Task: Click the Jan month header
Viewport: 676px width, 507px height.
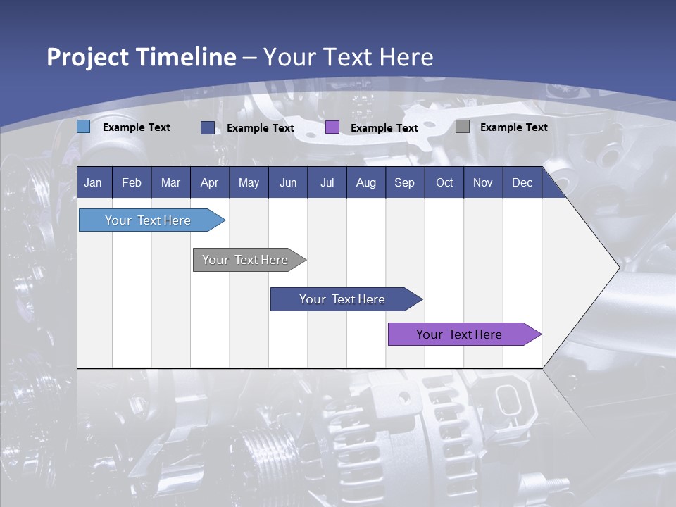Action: (93, 182)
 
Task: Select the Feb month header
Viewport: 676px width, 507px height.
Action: (132, 182)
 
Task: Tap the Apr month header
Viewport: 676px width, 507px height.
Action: (209, 182)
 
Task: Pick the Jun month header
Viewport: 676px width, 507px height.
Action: (288, 182)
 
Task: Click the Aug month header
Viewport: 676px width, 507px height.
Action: (365, 182)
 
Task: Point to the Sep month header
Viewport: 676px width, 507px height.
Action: (404, 182)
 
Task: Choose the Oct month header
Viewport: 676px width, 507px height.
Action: (444, 182)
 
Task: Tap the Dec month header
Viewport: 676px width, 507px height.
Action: (522, 182)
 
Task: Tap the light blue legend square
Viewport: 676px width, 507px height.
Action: (83, 127)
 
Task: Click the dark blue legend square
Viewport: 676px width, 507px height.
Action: (207, 127)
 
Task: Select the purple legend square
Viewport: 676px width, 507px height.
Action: (332, 127)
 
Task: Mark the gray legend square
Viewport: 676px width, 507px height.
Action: (463, 127)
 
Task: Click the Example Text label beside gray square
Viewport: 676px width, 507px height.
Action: (513, 127)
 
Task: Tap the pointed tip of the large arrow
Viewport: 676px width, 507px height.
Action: (618, 268)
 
